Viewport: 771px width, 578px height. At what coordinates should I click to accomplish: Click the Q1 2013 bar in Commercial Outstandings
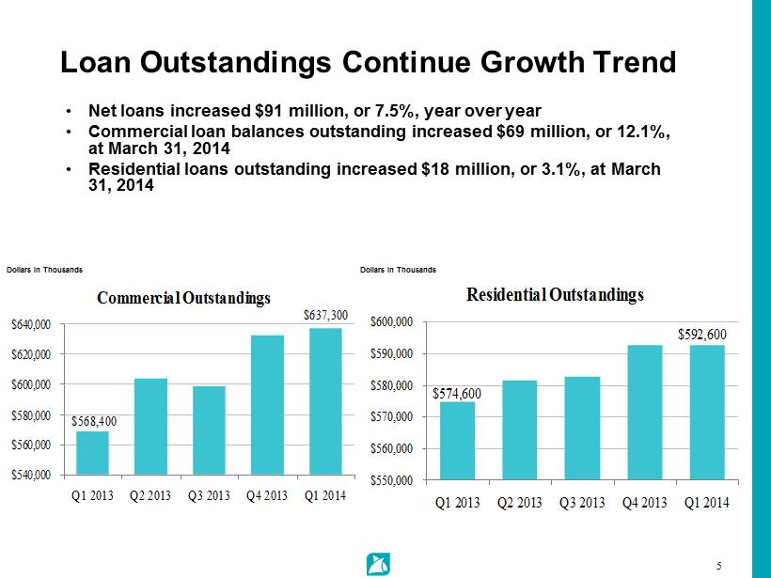click(x=92, y=452)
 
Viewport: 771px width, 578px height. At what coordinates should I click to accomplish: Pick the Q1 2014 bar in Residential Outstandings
click(x=707, y=412)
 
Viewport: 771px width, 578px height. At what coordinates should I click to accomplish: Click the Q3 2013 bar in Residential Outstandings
click(x=582, y=428)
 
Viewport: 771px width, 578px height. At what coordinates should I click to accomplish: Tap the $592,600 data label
click(x=702, y=334)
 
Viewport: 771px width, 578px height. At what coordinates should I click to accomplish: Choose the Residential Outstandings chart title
click(x=556, y=294)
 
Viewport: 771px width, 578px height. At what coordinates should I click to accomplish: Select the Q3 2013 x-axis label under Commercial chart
click(x=209, y=496)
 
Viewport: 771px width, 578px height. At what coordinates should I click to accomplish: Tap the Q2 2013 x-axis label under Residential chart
click(x=520, y=503)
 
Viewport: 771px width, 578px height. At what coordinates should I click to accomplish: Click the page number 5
click(x=718, y=566)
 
